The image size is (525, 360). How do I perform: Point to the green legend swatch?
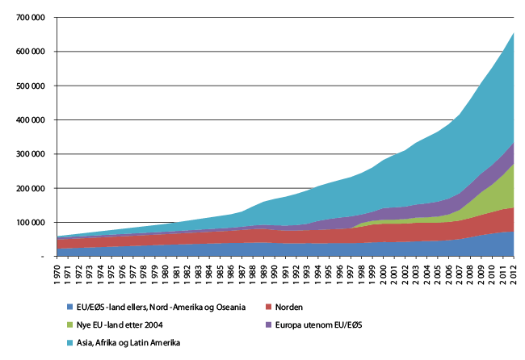(70, 325)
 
